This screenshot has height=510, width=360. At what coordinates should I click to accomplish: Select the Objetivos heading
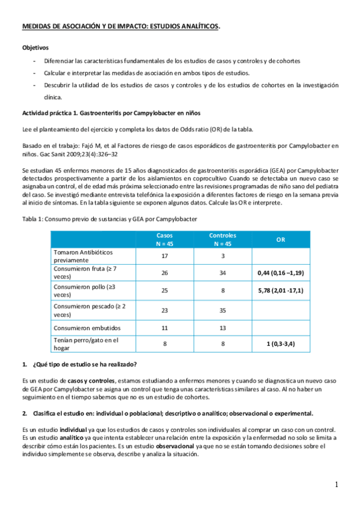pos(36,47)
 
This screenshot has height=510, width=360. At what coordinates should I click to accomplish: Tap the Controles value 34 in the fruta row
pos(222,273)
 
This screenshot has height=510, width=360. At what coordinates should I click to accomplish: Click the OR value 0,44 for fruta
pos(280,273)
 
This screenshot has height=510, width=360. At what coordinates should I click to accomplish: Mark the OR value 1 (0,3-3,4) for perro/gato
pos(280,344)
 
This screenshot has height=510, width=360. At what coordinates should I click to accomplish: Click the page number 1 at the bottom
pos(337,485)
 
